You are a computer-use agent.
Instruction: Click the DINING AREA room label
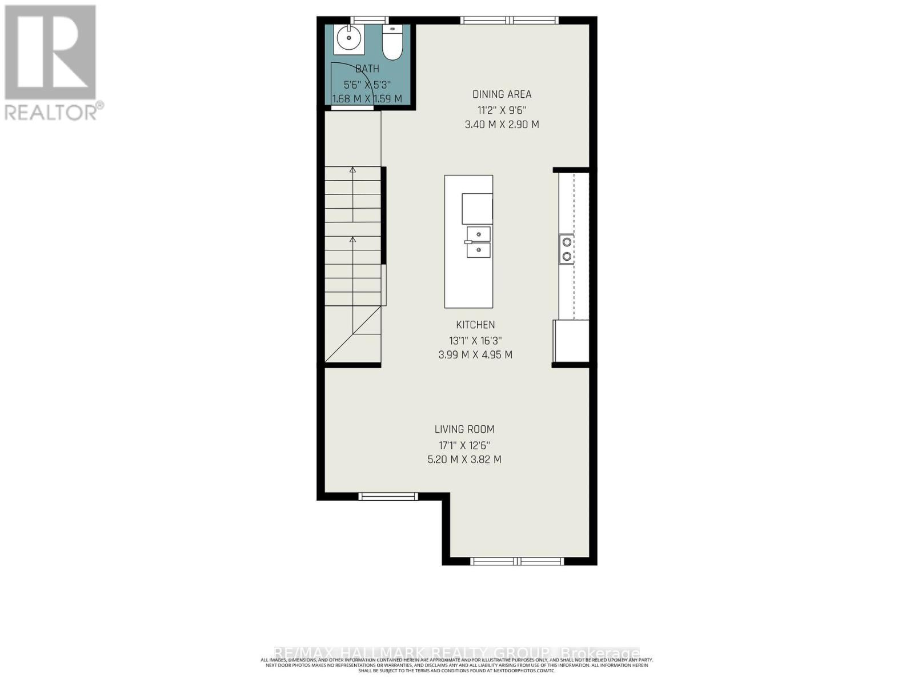pos(502,94)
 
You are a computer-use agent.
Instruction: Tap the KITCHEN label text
pos(475,325)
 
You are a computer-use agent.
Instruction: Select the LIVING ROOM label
pos(464,429)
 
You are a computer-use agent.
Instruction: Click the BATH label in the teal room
pos(367,69)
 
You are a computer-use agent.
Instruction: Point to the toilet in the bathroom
pos(392,44)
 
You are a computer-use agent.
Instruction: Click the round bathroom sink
pos(348,39)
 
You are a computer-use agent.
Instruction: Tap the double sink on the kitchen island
pos(478,242)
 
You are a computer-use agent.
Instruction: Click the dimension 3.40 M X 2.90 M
pos(502,124)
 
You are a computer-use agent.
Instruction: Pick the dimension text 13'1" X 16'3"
pos(475,340)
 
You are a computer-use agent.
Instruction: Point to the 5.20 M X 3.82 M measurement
pos(464,459)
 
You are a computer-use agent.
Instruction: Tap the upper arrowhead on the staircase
pos(352,170)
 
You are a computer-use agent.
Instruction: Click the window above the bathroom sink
pos(369,20)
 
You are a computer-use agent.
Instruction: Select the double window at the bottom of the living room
pos(518,561)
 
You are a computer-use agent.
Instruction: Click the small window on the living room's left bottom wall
pos(388,496)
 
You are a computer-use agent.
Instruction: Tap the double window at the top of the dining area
pos(510,20)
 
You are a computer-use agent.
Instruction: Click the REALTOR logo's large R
pos(50,53)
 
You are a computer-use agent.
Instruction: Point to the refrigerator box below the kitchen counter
pos(571,341)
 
